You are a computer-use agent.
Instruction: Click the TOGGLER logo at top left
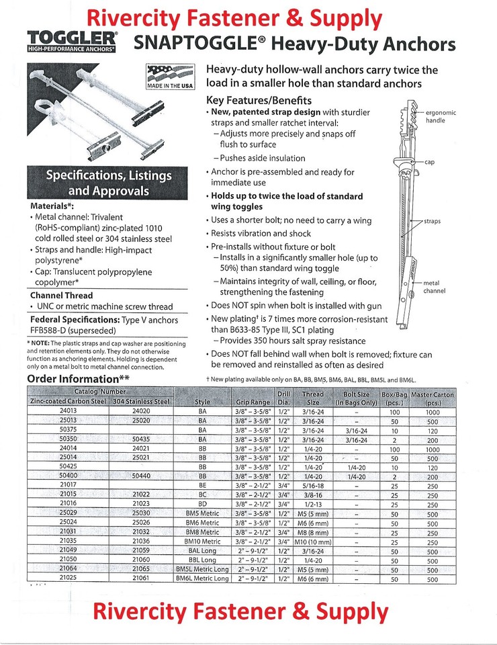[x=71, y=41]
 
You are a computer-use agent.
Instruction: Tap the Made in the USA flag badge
[x=170, y=76]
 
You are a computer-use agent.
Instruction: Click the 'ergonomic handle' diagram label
[x=441, y=116]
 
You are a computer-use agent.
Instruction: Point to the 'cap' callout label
[x=430, y=162]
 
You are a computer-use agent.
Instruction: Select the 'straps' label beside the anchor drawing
[x=432, y=221]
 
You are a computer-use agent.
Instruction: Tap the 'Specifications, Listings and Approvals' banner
[x=108, y=183]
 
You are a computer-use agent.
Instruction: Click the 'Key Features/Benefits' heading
[x=259, y=100]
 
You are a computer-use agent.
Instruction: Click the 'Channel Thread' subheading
[x=62, y=295]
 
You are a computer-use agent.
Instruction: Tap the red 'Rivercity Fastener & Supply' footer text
[x=240, y=612]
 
